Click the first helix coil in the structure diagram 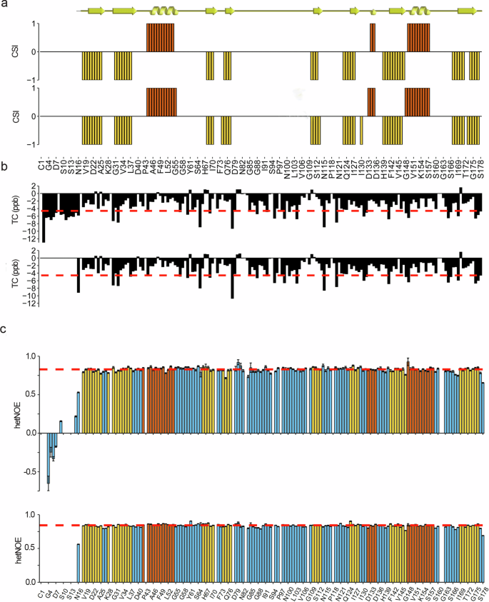tap(165, 11)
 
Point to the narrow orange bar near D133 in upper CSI tap(373, 37)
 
